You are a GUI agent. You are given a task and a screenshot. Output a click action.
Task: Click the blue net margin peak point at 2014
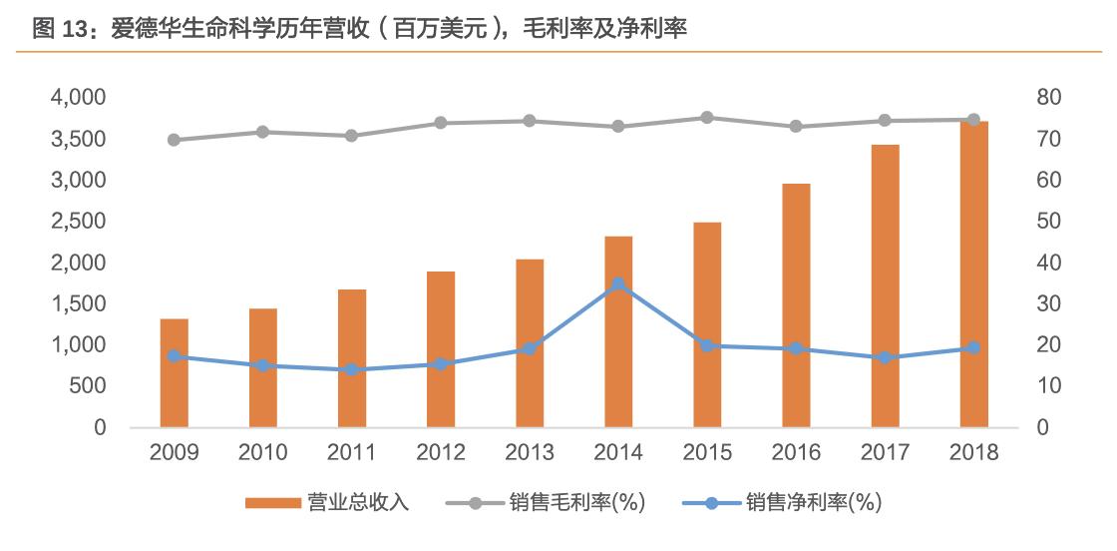click(618, 283)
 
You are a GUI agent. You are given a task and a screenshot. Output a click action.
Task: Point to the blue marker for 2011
click(352, 370)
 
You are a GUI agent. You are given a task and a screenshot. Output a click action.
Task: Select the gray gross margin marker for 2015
click(707, 118)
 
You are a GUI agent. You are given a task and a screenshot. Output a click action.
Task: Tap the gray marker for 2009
click(174, 140)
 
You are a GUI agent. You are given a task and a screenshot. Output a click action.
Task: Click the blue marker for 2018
click(973, 348)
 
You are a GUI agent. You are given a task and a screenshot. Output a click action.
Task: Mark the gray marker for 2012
click(441, 123)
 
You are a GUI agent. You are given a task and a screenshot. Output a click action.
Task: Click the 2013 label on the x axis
click(530, 453)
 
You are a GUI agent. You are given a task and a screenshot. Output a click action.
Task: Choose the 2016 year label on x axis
click(796, 453)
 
